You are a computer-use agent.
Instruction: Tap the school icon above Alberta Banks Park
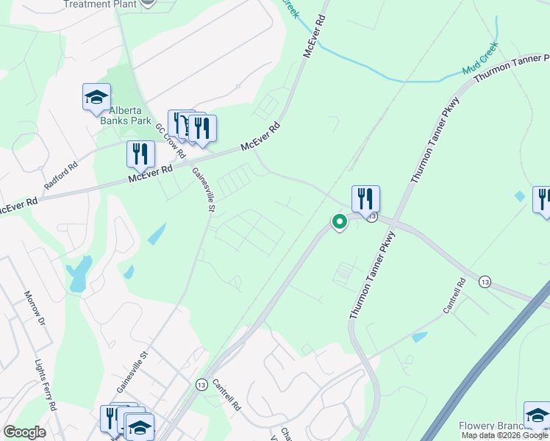click(96, 98)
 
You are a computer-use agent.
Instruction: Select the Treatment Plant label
click(99, 4)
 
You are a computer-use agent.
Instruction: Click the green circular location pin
click(339, 220)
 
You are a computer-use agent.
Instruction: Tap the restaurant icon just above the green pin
click(365, 198)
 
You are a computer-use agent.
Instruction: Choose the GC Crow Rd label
click(169, 140)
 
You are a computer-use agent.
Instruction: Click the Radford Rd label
click(61, 176)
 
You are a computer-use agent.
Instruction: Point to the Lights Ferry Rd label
click(46, 384)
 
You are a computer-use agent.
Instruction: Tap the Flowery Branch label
click(490, 426)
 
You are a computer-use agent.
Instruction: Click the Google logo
click(24, 431)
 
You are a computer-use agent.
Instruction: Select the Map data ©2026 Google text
click(504, 435)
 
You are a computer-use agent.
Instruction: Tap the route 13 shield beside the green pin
click(373, 217)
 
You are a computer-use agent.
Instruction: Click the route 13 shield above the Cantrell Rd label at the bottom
click(201, 384)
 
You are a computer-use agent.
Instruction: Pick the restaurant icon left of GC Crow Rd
click(140, 154)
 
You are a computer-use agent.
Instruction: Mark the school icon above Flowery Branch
click(537, 415)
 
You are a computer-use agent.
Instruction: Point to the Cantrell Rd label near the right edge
click(455, 295)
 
